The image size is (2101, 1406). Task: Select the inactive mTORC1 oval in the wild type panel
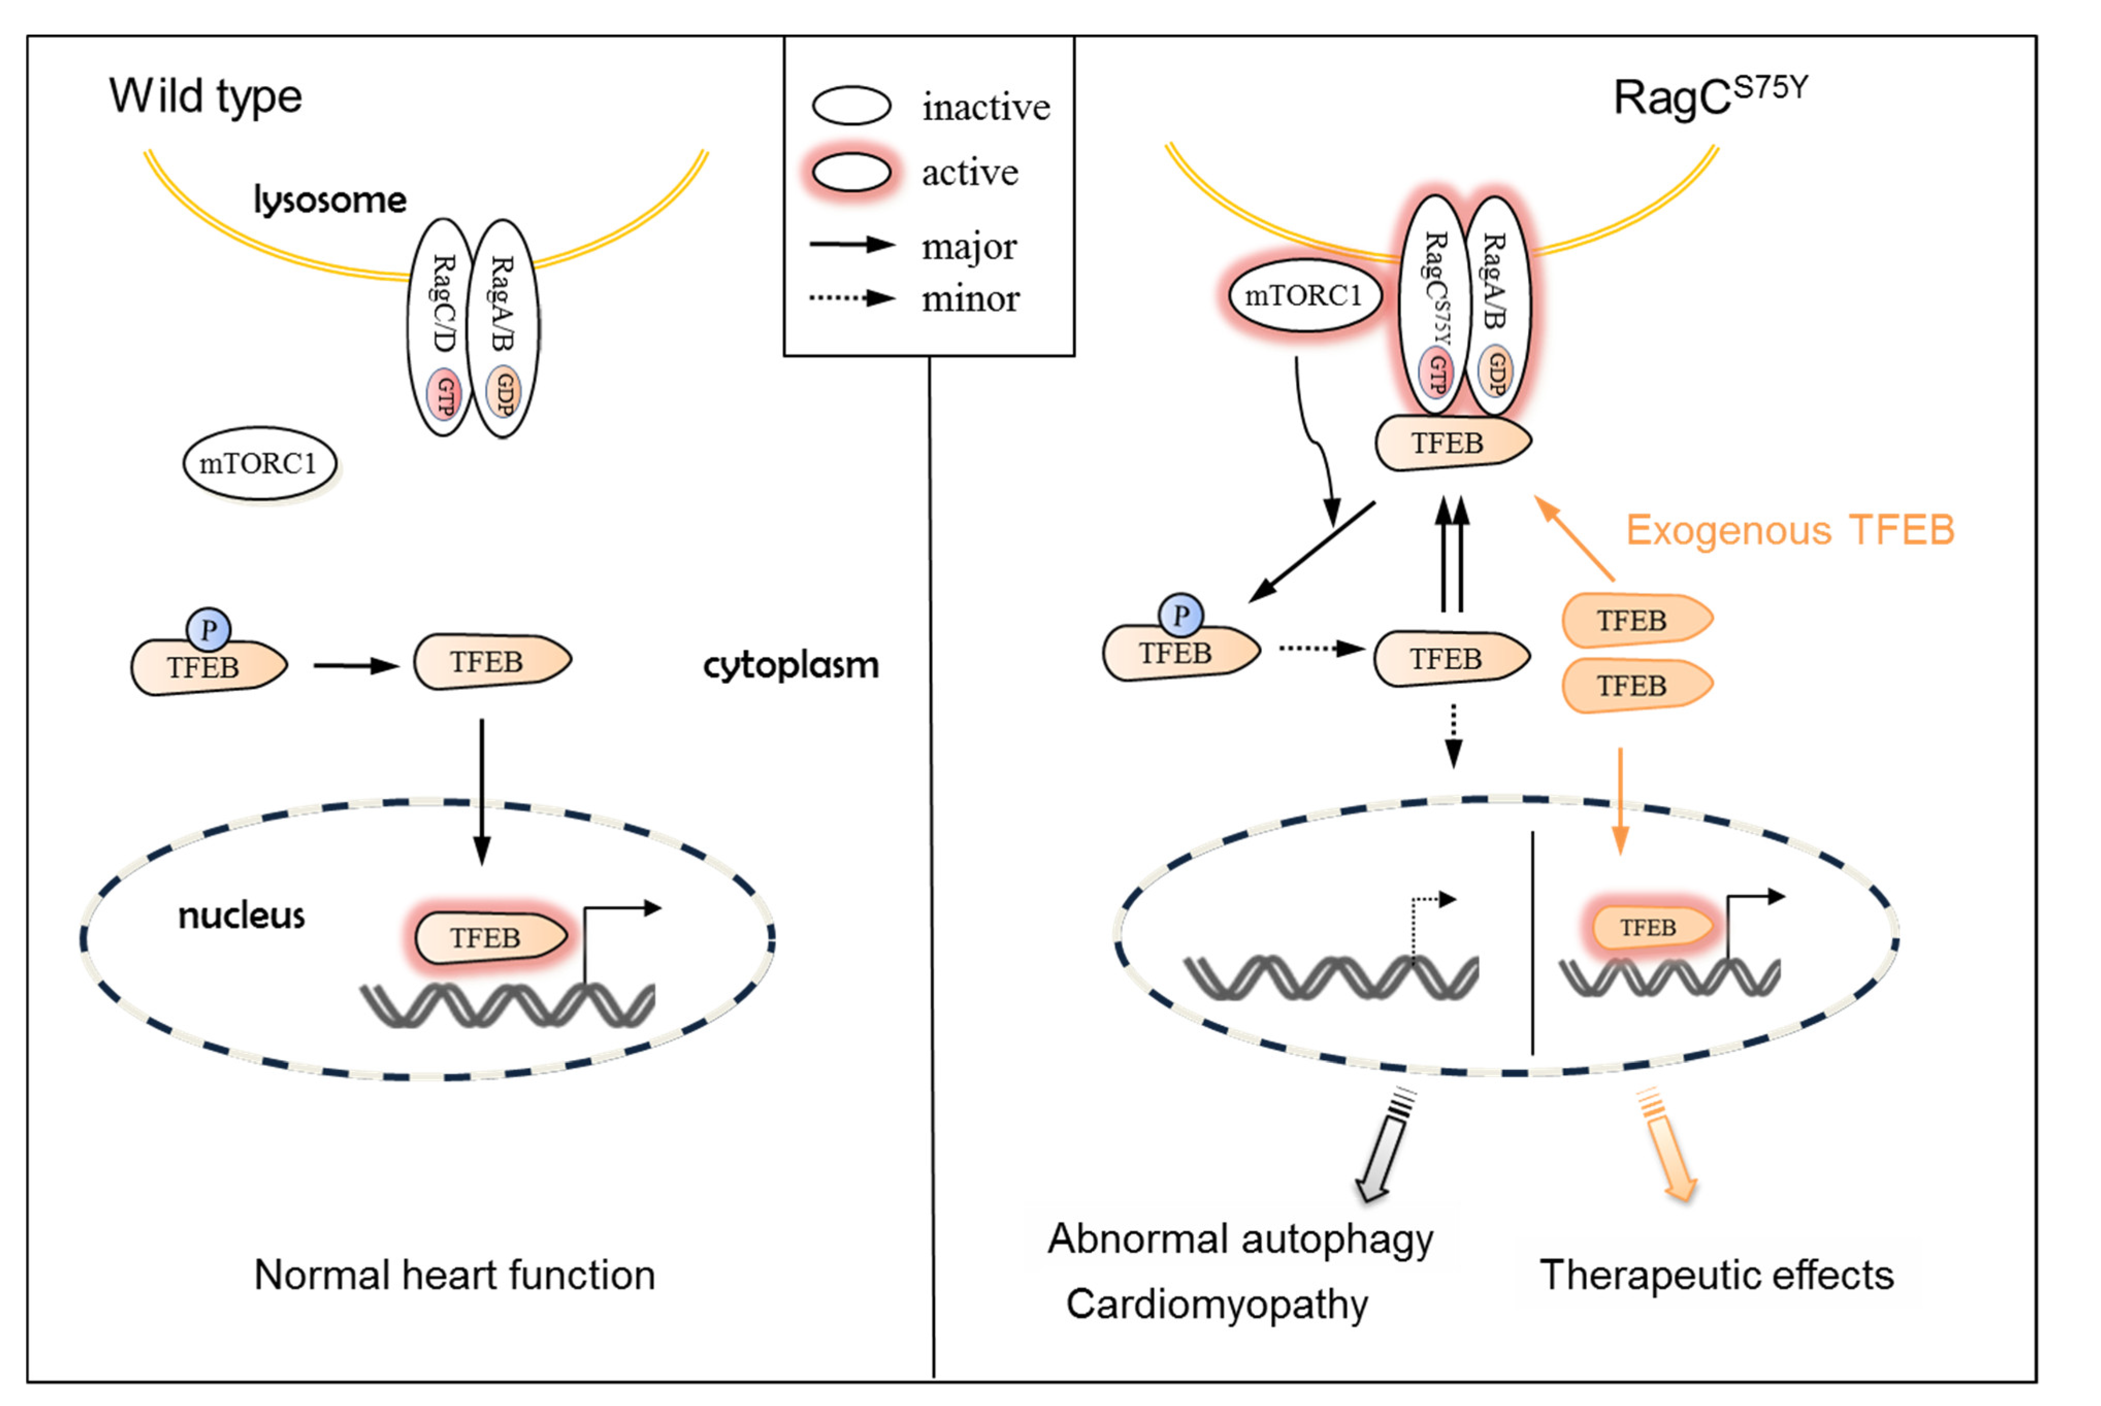click(x=260, y=464)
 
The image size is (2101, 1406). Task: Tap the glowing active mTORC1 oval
click(x=1303, y=295)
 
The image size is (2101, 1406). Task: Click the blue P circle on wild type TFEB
click(x=209, y=630)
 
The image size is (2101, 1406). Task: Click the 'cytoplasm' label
click(x=791, y=665)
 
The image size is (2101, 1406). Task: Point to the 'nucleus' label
click(x=241, y=916)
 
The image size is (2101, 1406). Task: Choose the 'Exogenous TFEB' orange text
click(x=1790, y=530)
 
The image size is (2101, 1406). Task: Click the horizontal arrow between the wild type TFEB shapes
click(x=356, y=665)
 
